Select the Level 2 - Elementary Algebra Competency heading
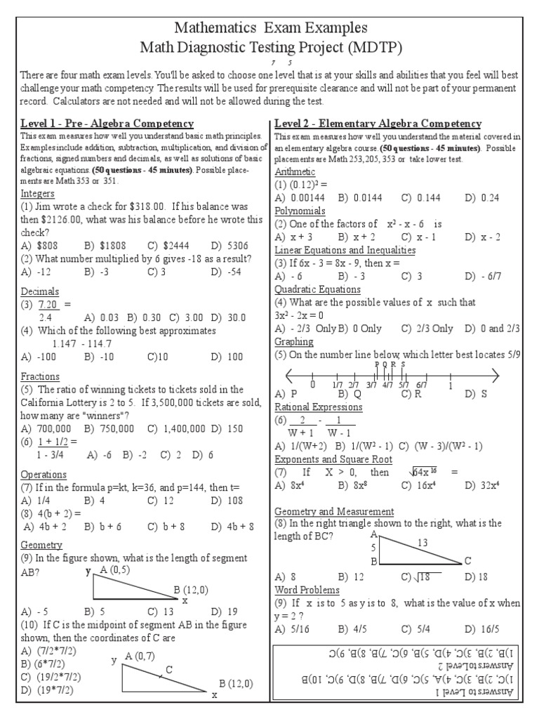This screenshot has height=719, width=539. [378, 124]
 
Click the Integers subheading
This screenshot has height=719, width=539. [38, 193]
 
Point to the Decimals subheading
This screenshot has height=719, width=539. [40, 291]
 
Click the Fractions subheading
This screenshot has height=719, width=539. [40, 377]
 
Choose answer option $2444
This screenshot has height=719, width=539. [168, 246]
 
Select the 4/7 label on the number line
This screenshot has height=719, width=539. [387, 385]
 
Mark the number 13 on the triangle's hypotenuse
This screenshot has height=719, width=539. [422, 541]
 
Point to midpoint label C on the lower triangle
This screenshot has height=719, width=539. [168, 669]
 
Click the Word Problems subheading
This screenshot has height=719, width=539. [307, 590]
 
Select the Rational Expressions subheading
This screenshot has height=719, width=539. [319, 407]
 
